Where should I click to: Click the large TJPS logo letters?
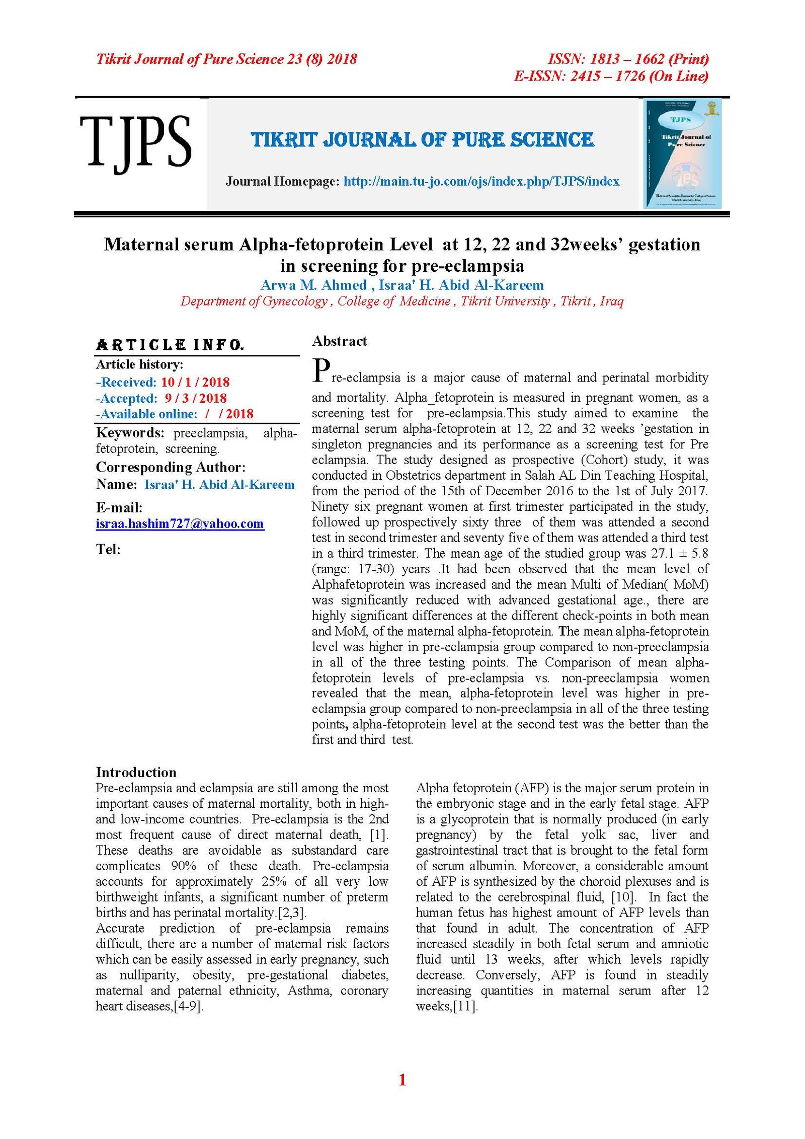tap(135, 141)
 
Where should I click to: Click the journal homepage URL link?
tap(481, 181)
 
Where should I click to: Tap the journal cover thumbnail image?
tap(682, 154)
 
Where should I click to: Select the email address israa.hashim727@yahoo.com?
tap(180, 523)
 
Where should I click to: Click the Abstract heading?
tap(339, 341)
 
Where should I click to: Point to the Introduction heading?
tap(136, 772)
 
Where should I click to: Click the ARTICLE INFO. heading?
tap(170, 345)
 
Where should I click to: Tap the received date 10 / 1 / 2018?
tap(195, 382)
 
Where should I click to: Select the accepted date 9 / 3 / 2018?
tap(196, 398)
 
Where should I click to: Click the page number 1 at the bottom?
tap(402, 1080)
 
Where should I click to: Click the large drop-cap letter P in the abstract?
tap(321, 370)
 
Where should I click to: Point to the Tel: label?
tap(108, 549)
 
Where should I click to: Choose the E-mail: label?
tap(119, 507)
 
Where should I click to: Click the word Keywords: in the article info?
tap(130, 433)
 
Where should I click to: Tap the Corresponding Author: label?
tap(171, 467)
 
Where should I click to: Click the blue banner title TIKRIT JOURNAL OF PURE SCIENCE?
tap(422, 139)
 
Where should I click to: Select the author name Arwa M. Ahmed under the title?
tap(313, 285)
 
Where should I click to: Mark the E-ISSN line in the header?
tap(611, 76)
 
